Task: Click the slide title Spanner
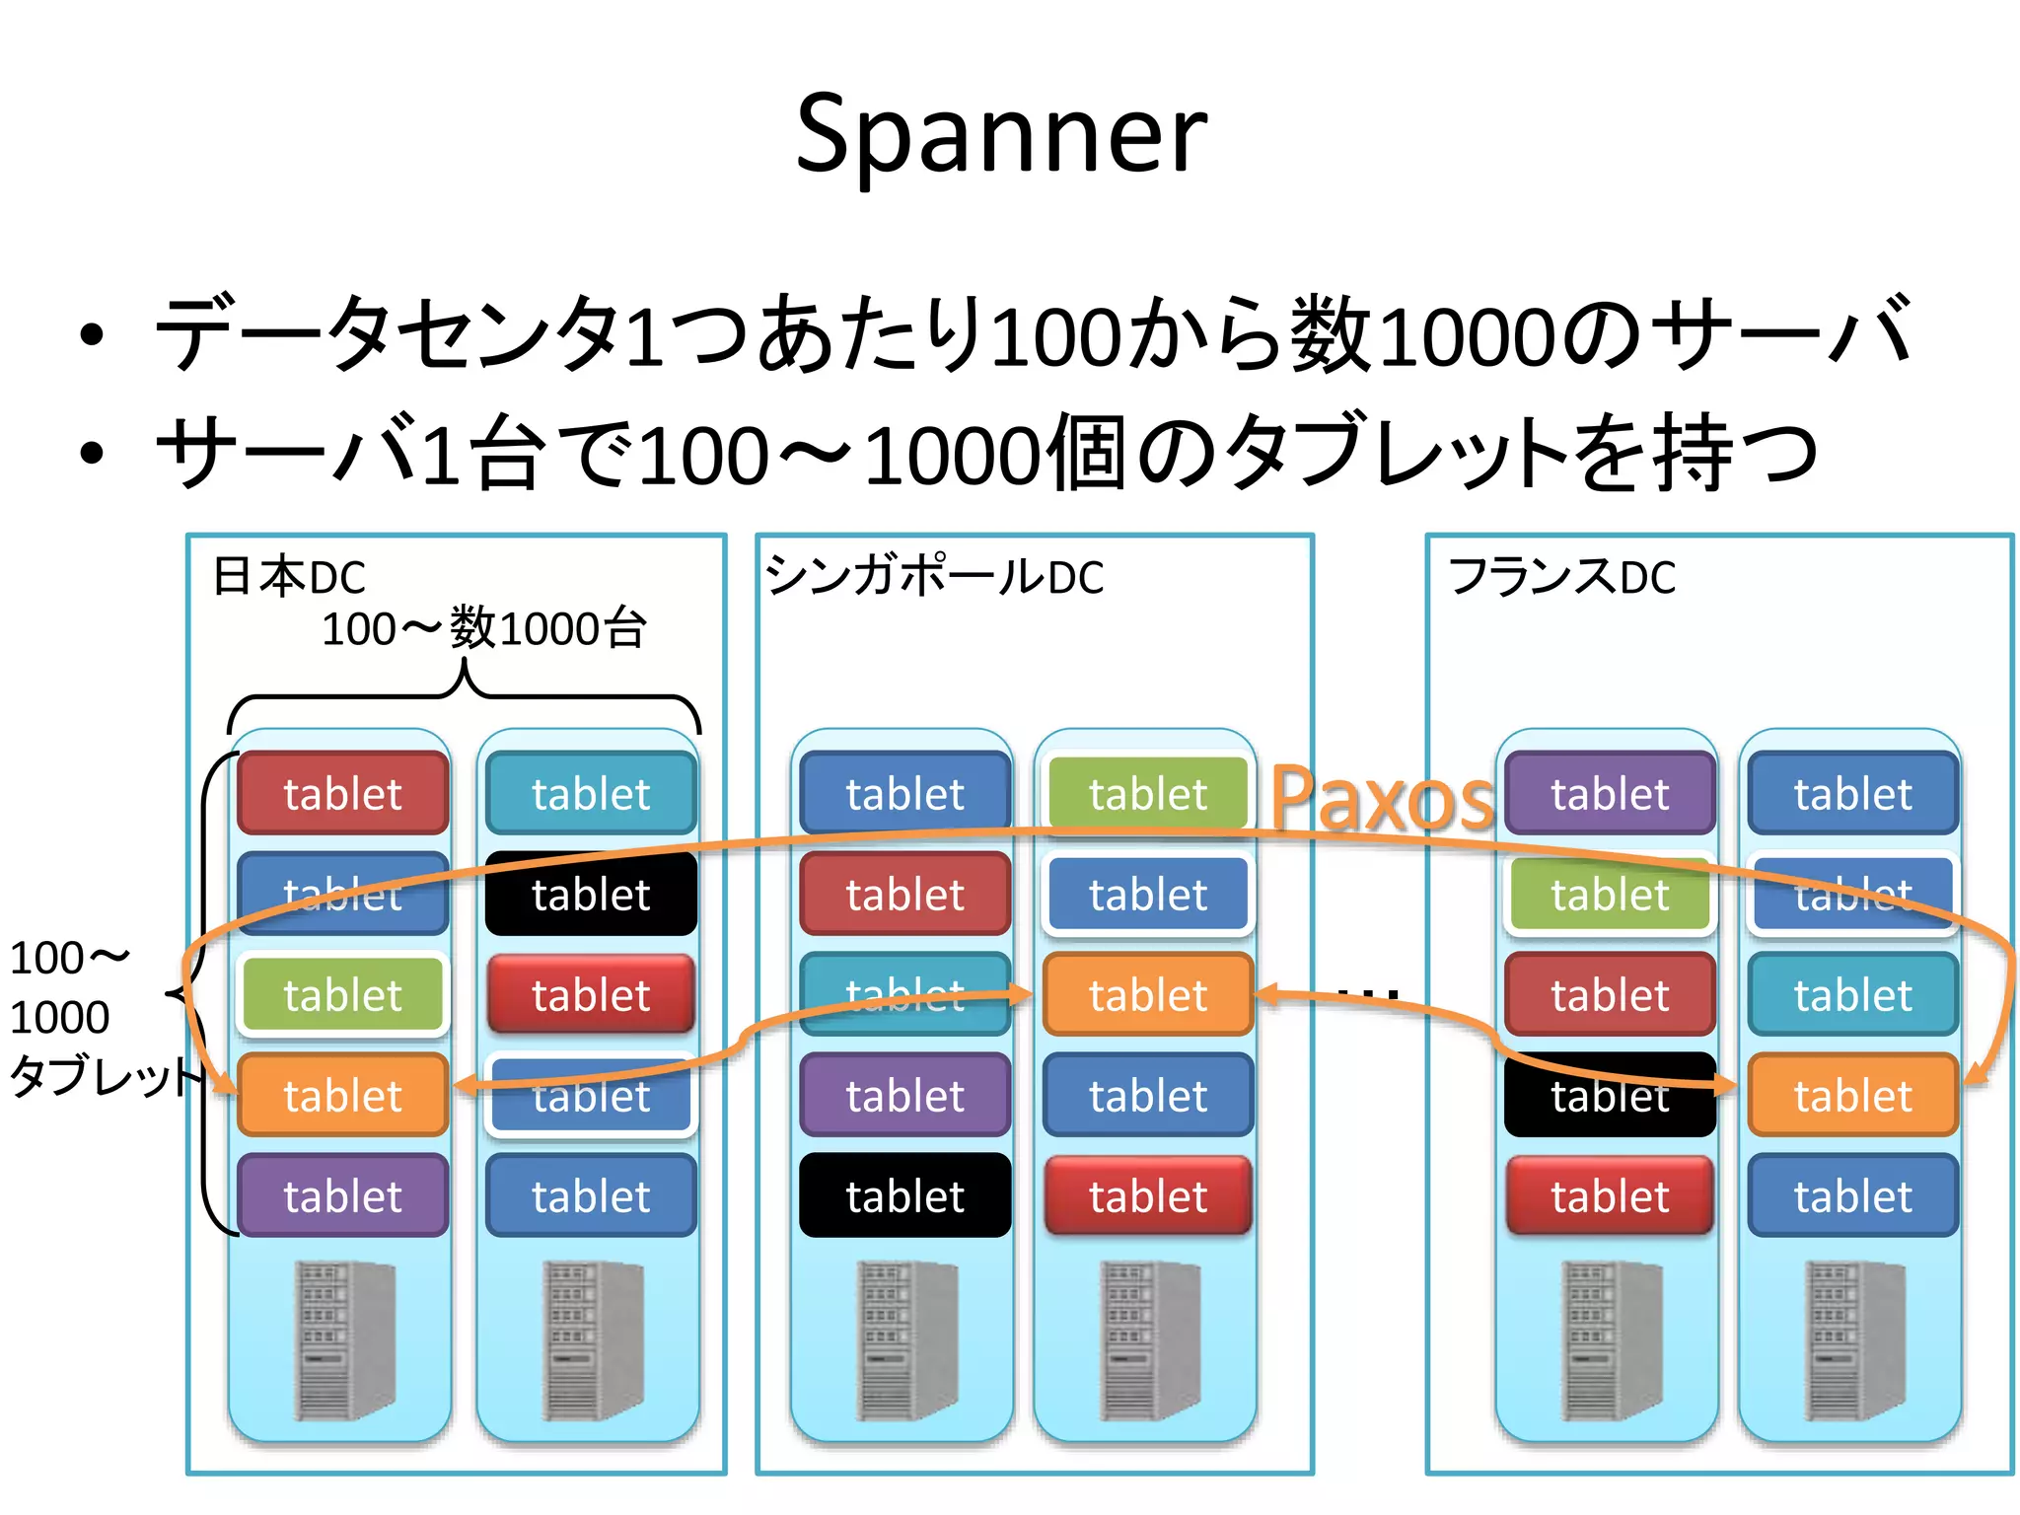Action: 1000,134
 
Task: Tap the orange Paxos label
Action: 1381,799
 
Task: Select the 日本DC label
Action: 289,577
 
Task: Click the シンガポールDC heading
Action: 934,577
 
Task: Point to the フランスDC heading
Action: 1561,577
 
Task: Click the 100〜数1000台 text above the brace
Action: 483,628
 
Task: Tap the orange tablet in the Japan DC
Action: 342,1095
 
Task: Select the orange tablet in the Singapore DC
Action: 1147,994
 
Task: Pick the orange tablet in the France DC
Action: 1852,1095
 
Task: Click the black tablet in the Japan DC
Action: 591,894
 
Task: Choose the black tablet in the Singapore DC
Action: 904,1195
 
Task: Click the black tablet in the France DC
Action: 1610,1095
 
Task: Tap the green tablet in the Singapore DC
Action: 1147,793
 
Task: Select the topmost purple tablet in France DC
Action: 1610,793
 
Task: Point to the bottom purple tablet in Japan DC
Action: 342,1195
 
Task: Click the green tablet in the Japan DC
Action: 342,994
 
